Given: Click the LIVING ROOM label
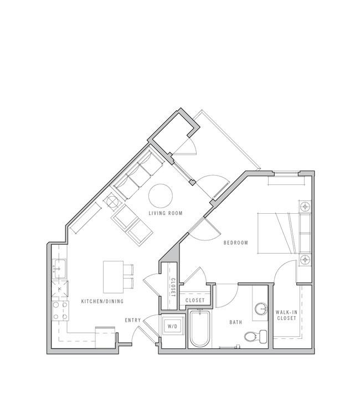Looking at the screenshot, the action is tap(166, 213).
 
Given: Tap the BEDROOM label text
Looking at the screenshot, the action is tap(235, 243).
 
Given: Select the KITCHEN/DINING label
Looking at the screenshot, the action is tap(102, 301).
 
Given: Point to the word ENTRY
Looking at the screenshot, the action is tap(133, 320).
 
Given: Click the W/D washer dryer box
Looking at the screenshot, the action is tap(172, 326).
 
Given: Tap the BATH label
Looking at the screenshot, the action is tap(236, 322).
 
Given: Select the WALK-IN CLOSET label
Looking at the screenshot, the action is tap(286, 315).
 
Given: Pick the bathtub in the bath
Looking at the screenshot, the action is tap(200, 329).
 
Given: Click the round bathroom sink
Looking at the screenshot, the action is tap(261, 309).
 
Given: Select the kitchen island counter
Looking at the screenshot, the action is tap(114, 277).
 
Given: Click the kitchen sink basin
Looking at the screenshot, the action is tap(59, 269).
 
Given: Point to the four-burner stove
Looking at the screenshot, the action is tap(60, 311).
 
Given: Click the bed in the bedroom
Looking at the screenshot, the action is tap(279, 233).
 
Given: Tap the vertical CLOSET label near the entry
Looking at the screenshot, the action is tap(173, 287).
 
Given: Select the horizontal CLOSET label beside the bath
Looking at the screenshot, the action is tap(195, 300).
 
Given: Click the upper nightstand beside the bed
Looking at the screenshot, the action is tap(305, 207).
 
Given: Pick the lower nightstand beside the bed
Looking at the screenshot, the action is tap(305, 260).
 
